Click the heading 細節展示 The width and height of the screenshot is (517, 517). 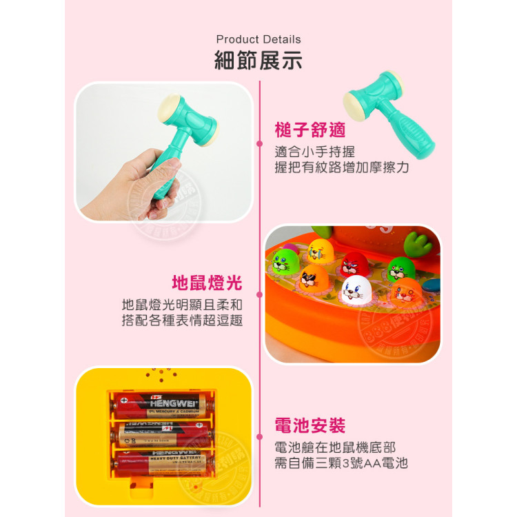(258, 61)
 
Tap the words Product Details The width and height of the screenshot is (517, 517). (258, 39)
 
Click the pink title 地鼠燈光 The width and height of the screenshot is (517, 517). (207, 283)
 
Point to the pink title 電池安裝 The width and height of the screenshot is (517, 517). (310, 425)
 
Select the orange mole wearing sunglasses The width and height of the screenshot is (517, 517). (314, 278)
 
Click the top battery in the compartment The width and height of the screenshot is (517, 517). (163, 405)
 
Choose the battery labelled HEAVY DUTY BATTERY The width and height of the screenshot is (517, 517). (163, 460)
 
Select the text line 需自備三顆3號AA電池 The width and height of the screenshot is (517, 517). (341, 463)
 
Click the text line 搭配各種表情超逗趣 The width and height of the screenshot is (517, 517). (182, 321)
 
